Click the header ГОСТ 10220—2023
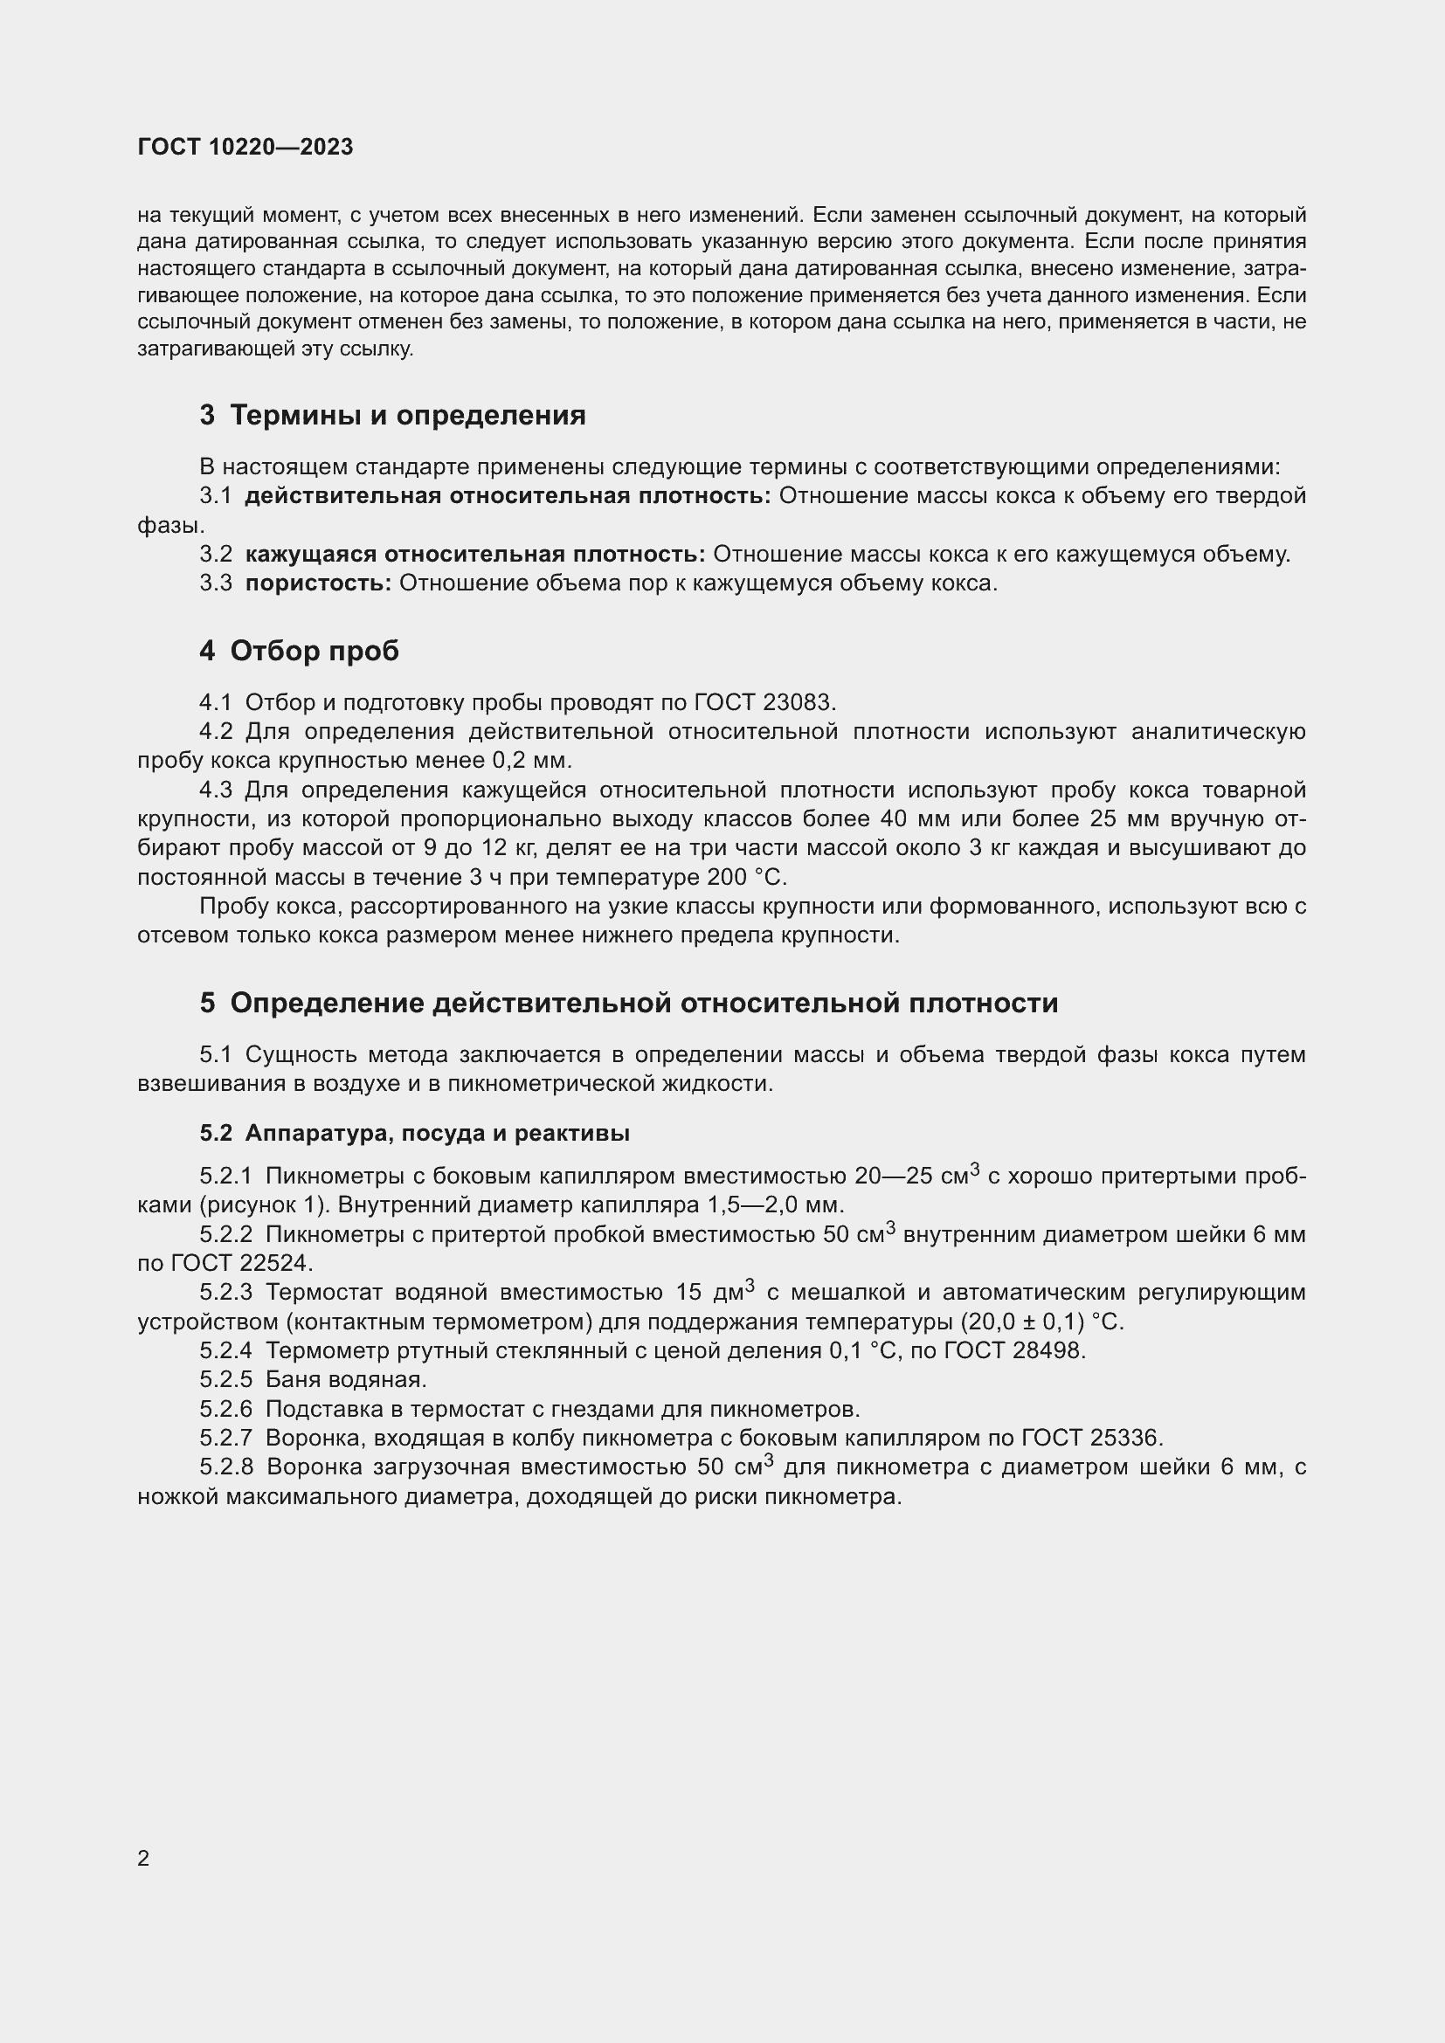pyautogui.click(x=245, y=147)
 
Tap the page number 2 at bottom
pyautogui.click(x=143, y=1859)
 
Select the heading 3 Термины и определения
pyautogui.click(x=392, y=415)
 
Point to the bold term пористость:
pyautogui.click(x=318, y=583)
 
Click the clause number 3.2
pyautogui.click(x=215, y=555)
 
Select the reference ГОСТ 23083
pyautogui.click(x=764, y=702)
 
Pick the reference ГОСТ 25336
pyautogui.click(x=1091, y=1438)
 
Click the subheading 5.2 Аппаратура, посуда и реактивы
pyautogui.click(x=415, y=1133)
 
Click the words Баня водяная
pyautogui.click(x=345, y=1379)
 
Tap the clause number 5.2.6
pyautogui.click(x=226, y=1410)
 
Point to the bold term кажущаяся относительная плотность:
pyautogui.click(x=474, y=555)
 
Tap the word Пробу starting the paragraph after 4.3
pyautogui.click(x=234, y=906)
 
